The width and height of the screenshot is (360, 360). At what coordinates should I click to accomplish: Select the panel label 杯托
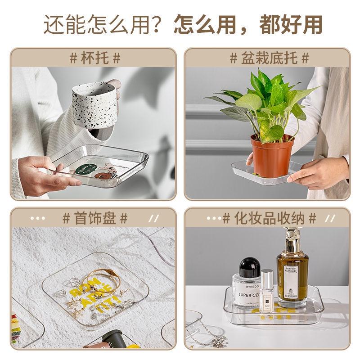(95, 58)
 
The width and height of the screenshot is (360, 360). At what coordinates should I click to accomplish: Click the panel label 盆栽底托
(269, 58)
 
